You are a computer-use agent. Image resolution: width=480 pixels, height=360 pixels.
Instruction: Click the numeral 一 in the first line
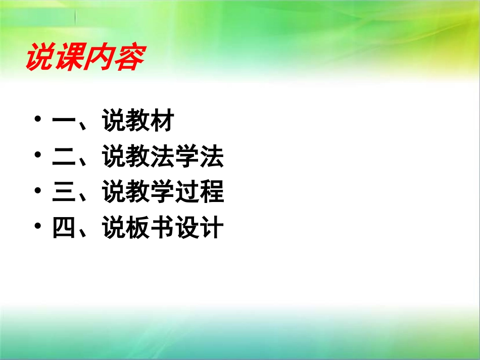point(63,123)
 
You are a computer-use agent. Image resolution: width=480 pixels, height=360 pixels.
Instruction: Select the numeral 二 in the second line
point(63,158)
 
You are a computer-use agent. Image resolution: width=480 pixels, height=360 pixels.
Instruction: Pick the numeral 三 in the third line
point(63,193)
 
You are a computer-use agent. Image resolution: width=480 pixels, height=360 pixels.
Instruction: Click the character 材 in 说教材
point(162,122)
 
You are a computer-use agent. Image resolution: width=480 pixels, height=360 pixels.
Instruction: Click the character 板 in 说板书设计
point(137,228)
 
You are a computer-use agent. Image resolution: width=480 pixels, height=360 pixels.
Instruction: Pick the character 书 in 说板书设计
point(162,228)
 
